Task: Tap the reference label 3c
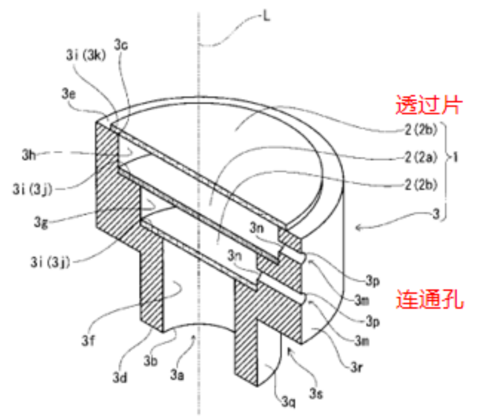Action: (x=121, y=45)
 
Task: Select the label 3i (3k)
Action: (x=86, y=55)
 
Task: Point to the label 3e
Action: (x=69, y=93)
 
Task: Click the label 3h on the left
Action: (x=29, y=155)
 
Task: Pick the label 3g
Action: (x=41, y=222)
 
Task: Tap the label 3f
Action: (x=88, y=341)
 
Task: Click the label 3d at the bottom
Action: (x=120, y=377)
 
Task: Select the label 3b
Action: (x=151, y=361)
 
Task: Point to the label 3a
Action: (x=177, y=375)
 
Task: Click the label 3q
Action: (x=289, y=401)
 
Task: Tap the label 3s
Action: (x=316, y=393)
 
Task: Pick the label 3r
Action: (x=357, y=367)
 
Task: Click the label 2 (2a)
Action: (x=421, y=157)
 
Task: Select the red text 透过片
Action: (x=428, y=105)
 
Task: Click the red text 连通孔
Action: (x=429, y=299)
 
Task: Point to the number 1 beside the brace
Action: (x=455, y=157)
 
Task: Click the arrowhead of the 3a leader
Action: (x=194, y=337)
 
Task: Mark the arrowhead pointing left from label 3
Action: (x=358, y=228)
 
